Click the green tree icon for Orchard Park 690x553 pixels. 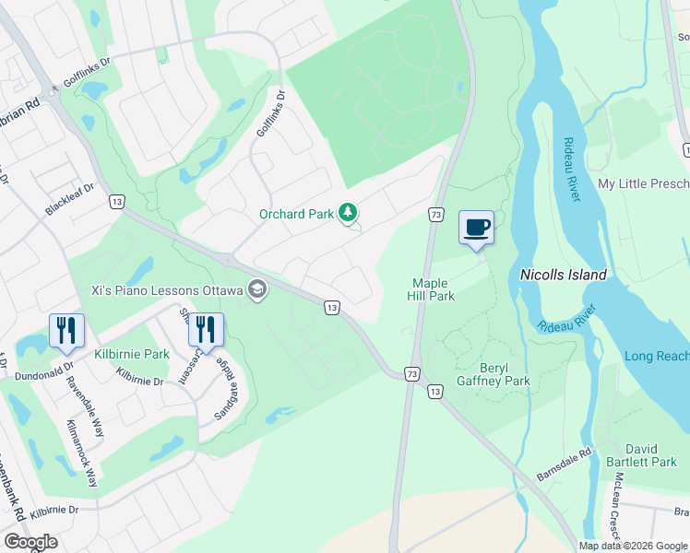click(348, 214)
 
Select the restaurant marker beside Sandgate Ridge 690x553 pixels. click(206, 329)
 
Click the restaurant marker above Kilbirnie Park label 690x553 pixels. click(66, 330)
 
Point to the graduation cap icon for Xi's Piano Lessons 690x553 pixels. click(256, 290)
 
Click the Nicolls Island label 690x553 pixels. click(563, 275)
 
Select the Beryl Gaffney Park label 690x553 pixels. click(493, 373)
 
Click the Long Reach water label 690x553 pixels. click(656, 356)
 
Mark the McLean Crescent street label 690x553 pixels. click(614, 505)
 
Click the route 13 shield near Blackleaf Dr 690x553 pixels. click(116, 200)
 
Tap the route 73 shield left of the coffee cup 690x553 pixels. click(435, 214)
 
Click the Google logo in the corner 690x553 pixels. click(30, 542)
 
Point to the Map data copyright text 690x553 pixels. click(634, 546)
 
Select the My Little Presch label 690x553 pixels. click(643, 183)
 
